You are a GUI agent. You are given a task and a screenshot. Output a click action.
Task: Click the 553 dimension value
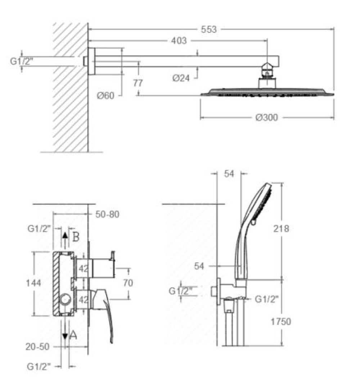[x=209, y=30]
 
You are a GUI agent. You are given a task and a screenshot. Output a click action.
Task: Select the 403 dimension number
[x=179, y=41]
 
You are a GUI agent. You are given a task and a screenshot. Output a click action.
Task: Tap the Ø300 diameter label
[x=267, y=117]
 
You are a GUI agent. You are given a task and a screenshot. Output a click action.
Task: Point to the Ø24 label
[x=181, y=78]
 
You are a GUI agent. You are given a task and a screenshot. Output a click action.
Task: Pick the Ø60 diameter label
[x=106, y=95]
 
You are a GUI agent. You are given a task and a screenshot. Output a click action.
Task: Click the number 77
[x=138, y=83]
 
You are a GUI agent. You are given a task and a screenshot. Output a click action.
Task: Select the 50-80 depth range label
[x=107, y=214]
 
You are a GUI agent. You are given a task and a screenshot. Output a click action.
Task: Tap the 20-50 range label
[x=37, y=346]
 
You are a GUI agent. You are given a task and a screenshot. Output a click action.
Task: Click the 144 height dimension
[x=33, y=283]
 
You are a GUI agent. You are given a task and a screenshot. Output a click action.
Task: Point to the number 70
[x=128, y=283]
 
